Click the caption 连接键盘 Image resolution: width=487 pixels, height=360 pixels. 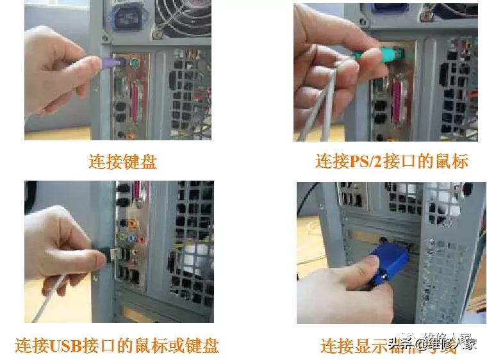point(122,161)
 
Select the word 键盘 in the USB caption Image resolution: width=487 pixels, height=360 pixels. point(202,346)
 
